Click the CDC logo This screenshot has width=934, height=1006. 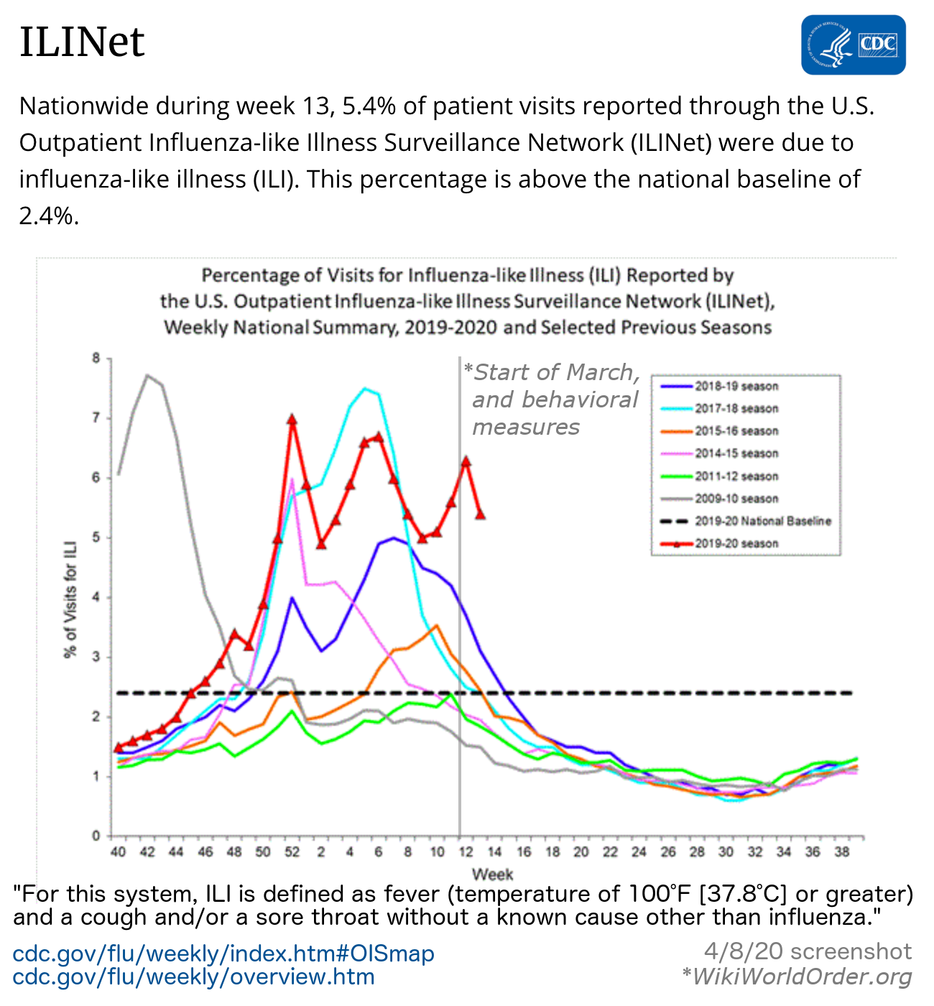pos(854,45)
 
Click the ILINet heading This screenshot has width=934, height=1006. pos(82,42)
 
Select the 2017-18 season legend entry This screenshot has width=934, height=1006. pos(736,409)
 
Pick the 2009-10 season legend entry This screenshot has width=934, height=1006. pos(736,499)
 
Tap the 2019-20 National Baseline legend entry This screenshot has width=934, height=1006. pos(762,521)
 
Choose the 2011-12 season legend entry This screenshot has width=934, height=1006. pos(736,476)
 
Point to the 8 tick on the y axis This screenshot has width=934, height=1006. pos(96,358)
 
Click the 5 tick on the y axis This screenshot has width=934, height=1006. pos(96,537)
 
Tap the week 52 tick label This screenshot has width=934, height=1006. pos(292,852)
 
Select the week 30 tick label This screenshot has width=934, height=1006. pos(726,852)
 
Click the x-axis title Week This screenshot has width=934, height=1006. pos(492,875)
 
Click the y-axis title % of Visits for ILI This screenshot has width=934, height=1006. pos(70,598)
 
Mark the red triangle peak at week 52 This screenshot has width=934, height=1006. pos(292,419)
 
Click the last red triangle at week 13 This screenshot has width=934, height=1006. pos(480,514)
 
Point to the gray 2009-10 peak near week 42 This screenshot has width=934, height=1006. pos(147,375)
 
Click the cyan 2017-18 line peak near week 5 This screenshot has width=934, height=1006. pos(365,389)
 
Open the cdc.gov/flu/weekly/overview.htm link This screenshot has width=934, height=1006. pos(194,977)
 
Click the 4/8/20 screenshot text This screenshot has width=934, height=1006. pos(808,952)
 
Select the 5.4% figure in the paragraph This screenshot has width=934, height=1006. pos(369,106)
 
